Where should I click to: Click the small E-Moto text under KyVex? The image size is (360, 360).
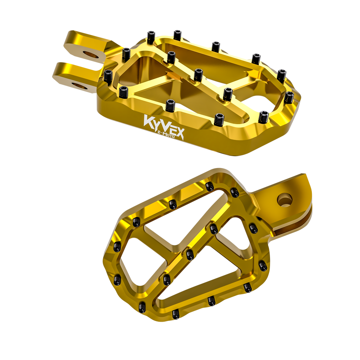[x=166, y=134]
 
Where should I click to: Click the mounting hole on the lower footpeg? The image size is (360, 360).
[x=285, y=200]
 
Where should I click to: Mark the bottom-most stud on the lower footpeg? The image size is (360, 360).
[x=176, y=314]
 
